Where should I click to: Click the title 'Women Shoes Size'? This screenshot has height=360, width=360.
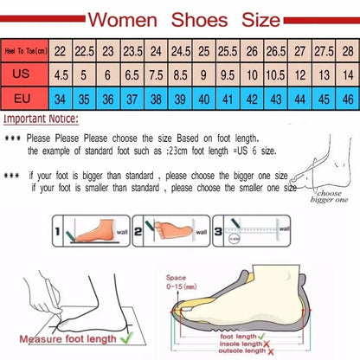click(x=181, y=17)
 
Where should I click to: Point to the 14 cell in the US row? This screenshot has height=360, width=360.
click(x=346, y=74)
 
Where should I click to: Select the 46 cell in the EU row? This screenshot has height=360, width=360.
click(x=346, y=98)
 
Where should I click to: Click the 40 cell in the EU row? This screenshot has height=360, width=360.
click(x=202, y=98)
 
